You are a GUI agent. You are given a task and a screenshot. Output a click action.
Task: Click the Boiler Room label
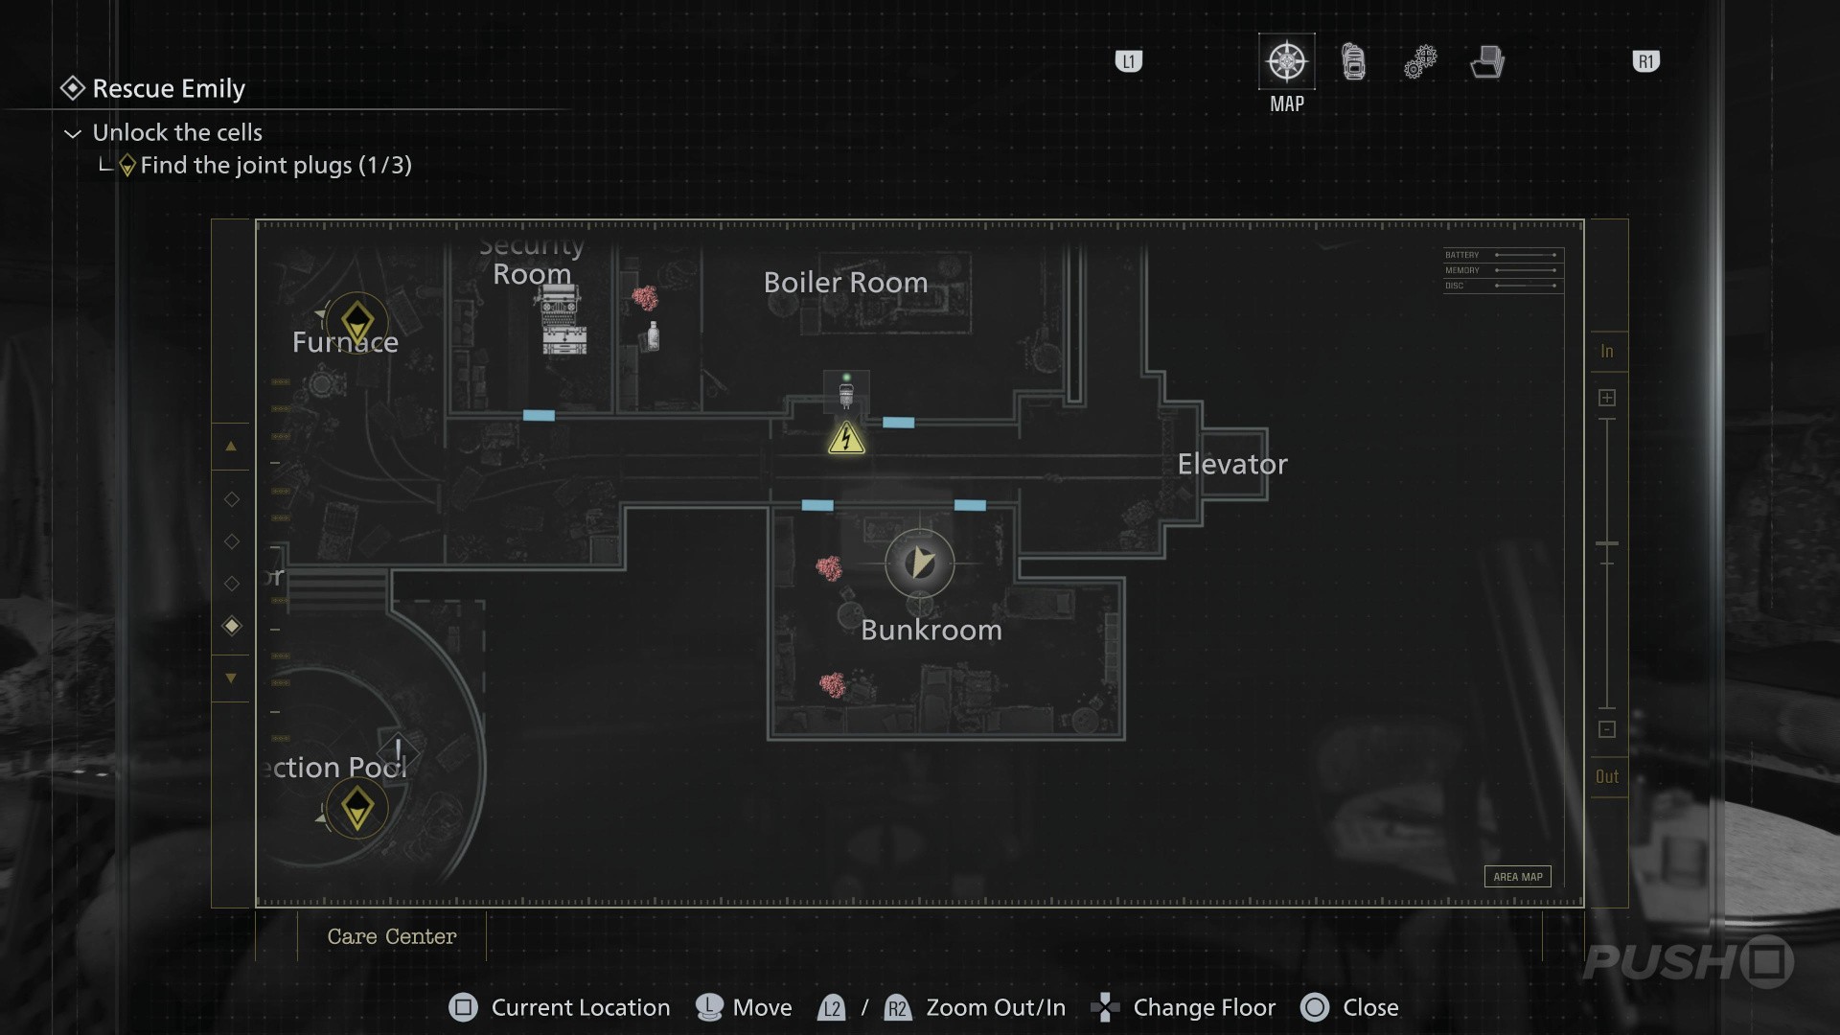(845, 283)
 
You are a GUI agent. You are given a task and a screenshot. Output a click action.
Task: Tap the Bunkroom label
(931, 631)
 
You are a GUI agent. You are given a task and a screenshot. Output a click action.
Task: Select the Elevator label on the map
(1231, 465)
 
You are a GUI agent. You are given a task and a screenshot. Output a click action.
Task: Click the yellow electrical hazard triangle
(846, 439)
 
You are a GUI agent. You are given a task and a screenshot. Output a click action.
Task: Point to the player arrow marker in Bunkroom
(920, 563)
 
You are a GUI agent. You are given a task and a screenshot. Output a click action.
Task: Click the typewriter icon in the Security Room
(561, 307)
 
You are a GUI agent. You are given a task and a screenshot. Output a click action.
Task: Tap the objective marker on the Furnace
(357, 321)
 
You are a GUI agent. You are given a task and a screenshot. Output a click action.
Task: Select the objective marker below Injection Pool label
(357, 808)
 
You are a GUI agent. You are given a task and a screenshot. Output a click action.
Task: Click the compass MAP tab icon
(1286, 62)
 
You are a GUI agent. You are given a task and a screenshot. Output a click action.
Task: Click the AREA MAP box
(1517, 877)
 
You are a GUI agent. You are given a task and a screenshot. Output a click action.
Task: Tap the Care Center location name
(391, 936)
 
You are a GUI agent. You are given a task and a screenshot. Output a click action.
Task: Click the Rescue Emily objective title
(169, 89)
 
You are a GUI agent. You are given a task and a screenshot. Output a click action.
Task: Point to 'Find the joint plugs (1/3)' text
(276, 166)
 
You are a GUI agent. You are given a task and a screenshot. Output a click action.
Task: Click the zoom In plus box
(1607, 398)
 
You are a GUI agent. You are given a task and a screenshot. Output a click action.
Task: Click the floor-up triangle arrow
(231, 447)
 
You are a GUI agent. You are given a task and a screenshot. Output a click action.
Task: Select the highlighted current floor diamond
(232, 626)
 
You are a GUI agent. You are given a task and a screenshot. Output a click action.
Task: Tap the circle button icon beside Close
(1315, 1007)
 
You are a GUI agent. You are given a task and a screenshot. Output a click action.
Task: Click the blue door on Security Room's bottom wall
(539, 415)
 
